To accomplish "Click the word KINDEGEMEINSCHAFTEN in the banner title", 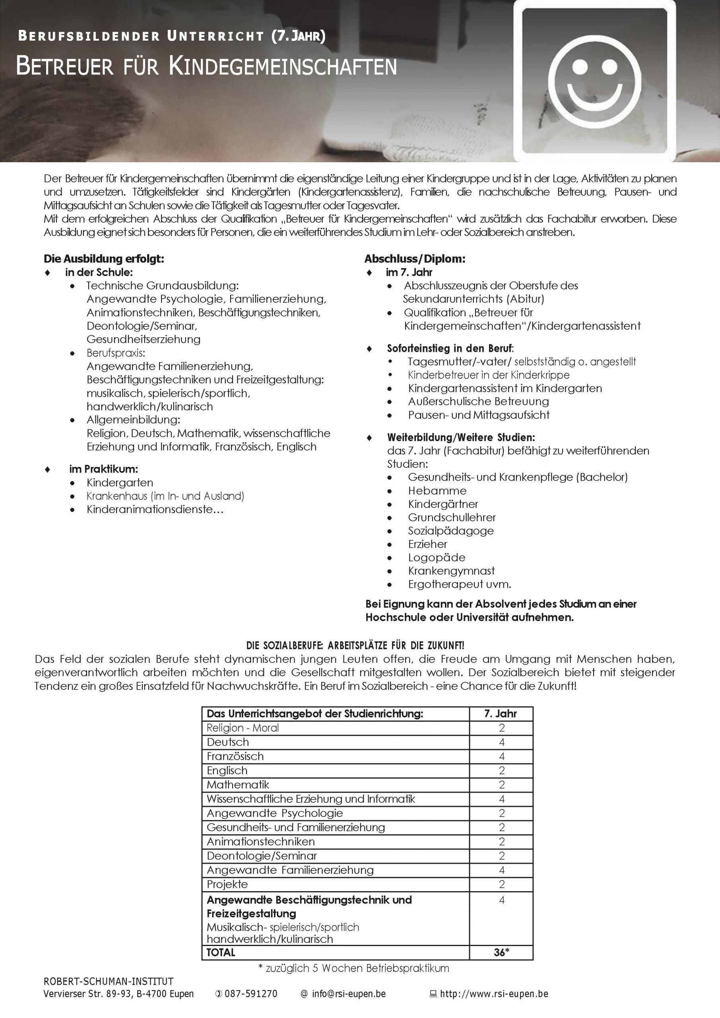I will (x=282, y=67).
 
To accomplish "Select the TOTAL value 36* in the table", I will (x=501, y=952).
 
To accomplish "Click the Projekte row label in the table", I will (x=227, y=884).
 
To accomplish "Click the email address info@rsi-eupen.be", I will (x=349, y=994).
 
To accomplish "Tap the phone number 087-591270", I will (x=250, y=994).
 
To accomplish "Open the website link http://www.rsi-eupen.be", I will (x=494, y=994).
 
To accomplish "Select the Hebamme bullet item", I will (x=437, y=490).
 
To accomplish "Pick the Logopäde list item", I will (x=437, y=558).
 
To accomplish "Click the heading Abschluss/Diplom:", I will (x=415, y=258).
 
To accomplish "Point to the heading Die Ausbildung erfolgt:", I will (x=104, y=258).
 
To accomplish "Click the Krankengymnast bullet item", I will (x=451, y=571).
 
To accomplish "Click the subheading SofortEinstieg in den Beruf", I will (x=450, y=348).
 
